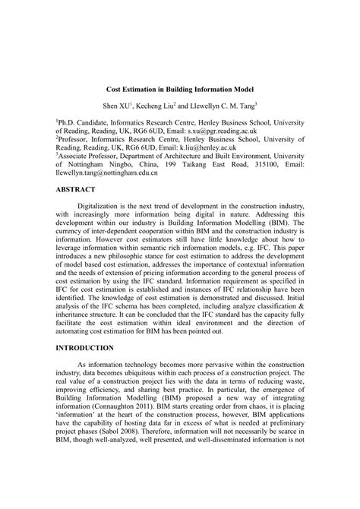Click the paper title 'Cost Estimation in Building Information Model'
pyautogui.click(x=180, y=89)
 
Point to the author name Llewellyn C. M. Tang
pyautogui.click(x=242, y=105)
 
